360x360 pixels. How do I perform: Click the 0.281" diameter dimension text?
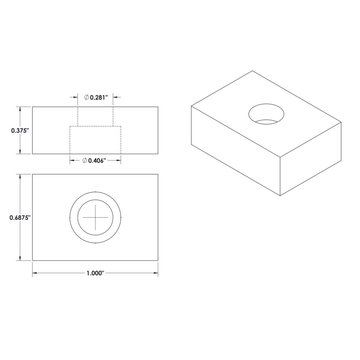[98, 97]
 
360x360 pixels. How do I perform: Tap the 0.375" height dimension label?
[20, 130]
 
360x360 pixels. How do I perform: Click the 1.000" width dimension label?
[95, 273]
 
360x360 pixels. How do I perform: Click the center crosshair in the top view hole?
[95, 218]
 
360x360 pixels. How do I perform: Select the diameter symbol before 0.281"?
[86, 97]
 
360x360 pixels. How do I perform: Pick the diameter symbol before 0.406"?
[85, 161]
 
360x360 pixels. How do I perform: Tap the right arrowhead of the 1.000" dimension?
[156, 273]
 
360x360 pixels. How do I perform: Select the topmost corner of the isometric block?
[252, 71]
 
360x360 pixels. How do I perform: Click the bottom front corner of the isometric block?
[280, 195]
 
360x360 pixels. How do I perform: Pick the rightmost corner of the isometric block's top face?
[341, 122]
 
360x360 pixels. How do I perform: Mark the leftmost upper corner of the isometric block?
[191, 106]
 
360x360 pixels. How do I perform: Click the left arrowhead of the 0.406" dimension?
[72, 161]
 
